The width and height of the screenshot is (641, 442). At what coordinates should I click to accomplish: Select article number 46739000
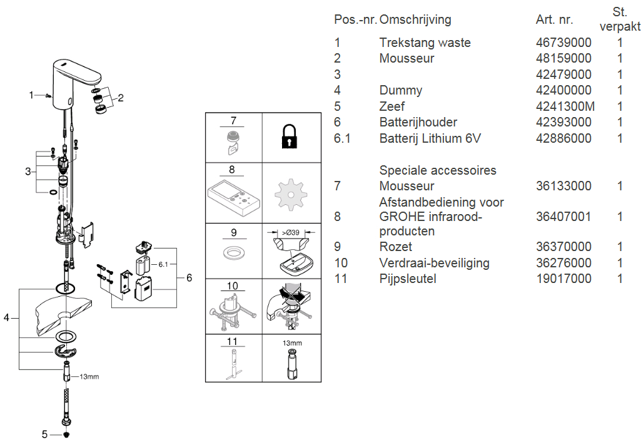[x=563, y=43]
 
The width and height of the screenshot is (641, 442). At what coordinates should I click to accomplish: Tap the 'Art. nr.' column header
[x=554, y=20]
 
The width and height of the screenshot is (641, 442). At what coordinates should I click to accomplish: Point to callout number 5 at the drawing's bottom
[x=44, y=433]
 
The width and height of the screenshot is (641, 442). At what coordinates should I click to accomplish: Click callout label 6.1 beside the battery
[x=163, y=265]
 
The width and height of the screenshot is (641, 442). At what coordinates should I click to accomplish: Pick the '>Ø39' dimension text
[x=291, y=234]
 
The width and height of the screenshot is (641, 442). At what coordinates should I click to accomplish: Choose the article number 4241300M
[x=565, y=106]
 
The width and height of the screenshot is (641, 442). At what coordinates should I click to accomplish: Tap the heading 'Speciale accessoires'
[x=438, y=170]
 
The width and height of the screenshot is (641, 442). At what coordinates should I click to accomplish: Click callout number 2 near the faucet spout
[x=121, y=98]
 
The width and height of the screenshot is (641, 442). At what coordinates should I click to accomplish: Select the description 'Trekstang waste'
[x=425, y=43]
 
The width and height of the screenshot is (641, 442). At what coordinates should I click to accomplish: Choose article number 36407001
[x=563, y=217]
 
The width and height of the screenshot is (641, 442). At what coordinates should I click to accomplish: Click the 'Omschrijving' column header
[x=415, y=20]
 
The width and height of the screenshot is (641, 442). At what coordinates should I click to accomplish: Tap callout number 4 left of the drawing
[x=7, y=318]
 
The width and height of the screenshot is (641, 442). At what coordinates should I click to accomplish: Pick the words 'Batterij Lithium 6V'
[x=430, y=138]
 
